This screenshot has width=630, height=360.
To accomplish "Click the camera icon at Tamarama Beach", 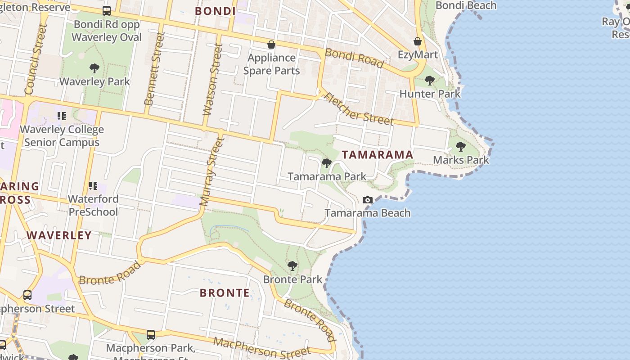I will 368,200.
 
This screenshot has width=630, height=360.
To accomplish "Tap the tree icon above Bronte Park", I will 292,266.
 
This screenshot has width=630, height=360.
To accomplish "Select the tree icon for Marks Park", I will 460,147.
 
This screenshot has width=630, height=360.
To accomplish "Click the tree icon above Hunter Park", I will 430,81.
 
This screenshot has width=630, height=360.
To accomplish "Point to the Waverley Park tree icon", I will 94,68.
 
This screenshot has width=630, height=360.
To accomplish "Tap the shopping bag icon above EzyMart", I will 418,41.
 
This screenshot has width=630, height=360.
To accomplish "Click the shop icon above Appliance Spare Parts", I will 271,45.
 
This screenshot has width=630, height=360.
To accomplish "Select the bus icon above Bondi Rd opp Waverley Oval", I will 107,11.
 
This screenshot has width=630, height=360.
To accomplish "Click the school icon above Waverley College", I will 62,116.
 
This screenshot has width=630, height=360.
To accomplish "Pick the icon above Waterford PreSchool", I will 93,185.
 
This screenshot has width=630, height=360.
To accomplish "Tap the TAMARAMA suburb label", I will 377,155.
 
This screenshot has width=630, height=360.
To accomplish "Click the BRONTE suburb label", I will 225,293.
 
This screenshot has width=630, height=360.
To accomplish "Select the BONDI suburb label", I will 216,11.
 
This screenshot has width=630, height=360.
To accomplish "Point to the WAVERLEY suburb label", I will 59,235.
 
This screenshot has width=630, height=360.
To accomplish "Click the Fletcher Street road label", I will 359,109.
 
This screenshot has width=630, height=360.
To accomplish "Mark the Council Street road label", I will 36,59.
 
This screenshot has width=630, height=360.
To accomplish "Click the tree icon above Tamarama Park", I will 327,163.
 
